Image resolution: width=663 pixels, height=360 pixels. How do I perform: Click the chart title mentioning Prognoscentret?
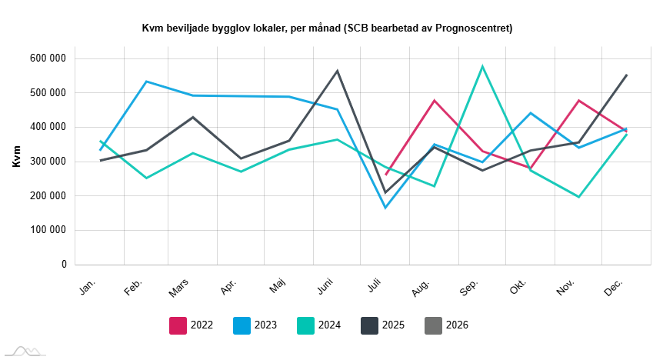pos(327,28)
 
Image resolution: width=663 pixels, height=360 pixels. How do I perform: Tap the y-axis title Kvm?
pos(16,161)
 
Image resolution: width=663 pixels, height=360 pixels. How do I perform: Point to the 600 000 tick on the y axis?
pos(48,58)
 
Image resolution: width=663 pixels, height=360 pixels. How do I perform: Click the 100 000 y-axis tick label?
pos(48,230)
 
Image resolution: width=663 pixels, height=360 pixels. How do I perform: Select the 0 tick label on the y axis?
pos(64,265)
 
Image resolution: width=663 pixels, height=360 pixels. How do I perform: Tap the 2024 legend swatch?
pos(307,325)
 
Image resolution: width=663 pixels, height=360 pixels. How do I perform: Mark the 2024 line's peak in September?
pos(482,66)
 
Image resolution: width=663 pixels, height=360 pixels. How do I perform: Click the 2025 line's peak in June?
pos(338,71)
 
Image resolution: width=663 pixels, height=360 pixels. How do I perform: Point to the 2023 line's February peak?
pos(146,82)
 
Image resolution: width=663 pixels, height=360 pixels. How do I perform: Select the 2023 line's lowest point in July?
pos(385,208)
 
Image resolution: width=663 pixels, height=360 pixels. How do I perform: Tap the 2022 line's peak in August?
pos(435,101)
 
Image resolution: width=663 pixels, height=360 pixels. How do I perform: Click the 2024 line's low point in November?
pos(578,197)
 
